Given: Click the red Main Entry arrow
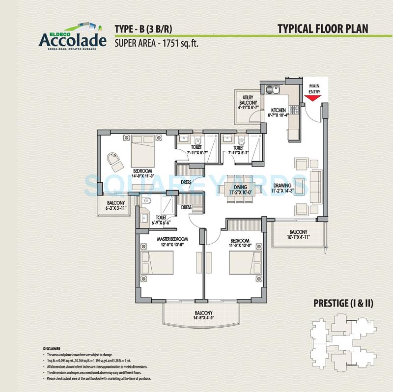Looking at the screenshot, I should tap(313, 98).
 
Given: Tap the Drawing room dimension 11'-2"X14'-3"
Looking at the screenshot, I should tap(286, 191).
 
